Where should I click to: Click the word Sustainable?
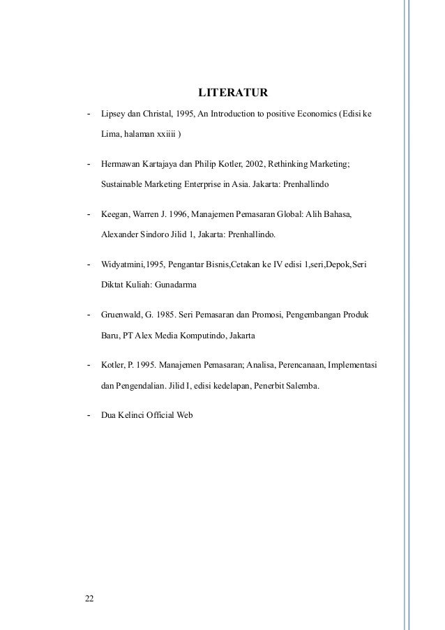pos(121,186)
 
